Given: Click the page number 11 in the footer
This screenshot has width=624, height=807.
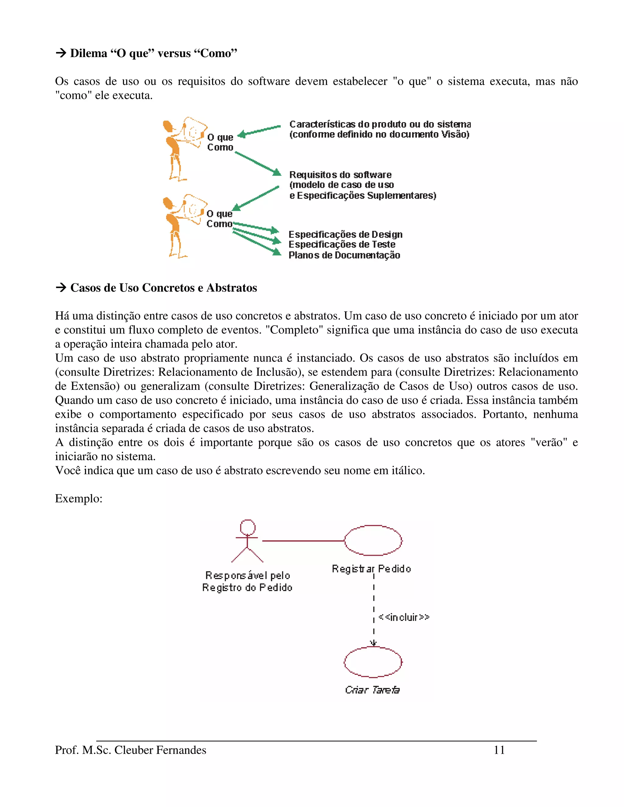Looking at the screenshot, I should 499,750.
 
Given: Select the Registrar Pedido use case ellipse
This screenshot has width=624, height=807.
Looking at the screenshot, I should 373,540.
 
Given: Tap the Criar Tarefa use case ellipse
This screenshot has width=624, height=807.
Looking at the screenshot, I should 373,662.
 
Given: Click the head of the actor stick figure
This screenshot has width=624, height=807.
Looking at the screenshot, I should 247,527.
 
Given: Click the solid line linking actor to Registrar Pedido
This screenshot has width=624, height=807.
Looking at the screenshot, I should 303,541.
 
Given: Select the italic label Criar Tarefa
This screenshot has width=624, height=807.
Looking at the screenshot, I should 372,690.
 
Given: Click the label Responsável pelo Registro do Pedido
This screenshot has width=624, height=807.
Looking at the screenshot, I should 247,581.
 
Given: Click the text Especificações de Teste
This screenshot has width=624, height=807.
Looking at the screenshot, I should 342,244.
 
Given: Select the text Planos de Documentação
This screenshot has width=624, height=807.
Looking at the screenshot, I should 344,255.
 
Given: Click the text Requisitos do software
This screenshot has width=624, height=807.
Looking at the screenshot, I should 340,174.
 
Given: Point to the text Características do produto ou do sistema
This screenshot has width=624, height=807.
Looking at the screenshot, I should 380,124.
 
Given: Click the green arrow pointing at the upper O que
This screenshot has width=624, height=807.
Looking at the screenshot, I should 259,131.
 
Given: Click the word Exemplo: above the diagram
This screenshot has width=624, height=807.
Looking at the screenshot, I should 79,499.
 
